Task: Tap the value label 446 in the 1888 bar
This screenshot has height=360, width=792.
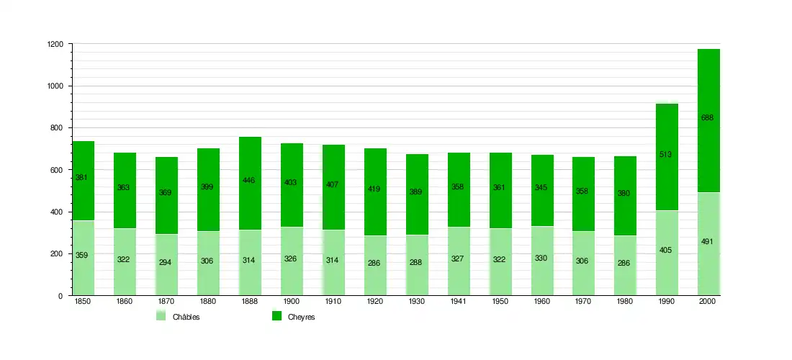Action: (250, 180)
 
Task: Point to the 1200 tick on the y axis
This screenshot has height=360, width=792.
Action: (55, 45)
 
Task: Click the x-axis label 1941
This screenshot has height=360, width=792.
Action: (459, 302)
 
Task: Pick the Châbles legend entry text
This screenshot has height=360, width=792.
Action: (186, 318)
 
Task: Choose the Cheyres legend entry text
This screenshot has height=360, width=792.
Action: (302, 318)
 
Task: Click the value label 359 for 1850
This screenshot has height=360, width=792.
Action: (82, 255)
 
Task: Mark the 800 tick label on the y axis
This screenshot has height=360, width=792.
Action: (57, 128)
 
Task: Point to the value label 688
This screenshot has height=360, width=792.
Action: (707, 118)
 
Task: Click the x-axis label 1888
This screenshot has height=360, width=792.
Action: (250, 302)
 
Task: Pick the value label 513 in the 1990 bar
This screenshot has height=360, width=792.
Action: (665, 154)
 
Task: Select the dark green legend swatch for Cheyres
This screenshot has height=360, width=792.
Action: (276, 316)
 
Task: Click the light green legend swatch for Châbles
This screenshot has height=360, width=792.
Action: (161, 316)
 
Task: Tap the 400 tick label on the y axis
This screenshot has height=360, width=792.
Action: (57, 212)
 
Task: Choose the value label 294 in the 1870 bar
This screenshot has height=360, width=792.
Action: (166, 263)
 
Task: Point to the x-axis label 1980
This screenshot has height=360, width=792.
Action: (625, 302)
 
